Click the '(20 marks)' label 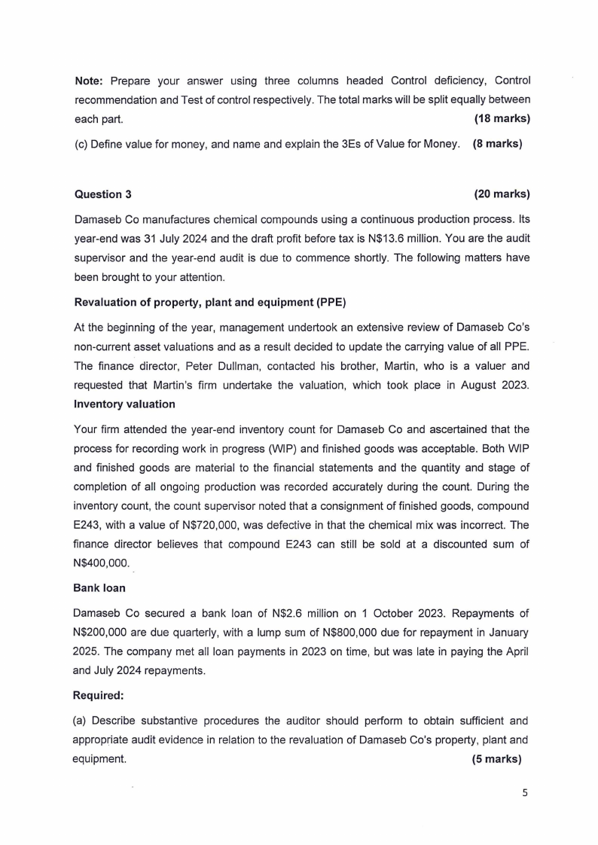point(502,194)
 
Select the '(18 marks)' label point(502,119)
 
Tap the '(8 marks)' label point(497,144)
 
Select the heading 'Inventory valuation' point(124,404)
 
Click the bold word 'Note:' point(89,81)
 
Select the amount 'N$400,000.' point(102,563)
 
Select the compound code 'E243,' point(87,523)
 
